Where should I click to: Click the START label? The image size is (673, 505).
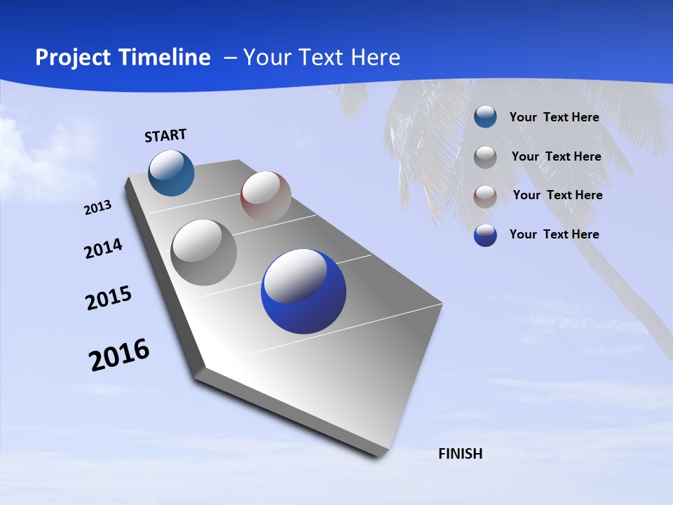(x=165, y=135)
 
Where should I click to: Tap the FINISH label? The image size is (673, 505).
(x=460, y=454)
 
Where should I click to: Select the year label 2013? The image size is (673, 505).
(x=97, y=208)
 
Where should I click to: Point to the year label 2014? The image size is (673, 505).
(x=103, y=249)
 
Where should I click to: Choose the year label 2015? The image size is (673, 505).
(x=109, y=298)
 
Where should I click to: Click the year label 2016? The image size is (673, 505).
(x=119, y=355)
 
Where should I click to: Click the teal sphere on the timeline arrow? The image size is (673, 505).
(x=172, y=173)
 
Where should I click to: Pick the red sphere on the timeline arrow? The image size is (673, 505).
(x=266, y=196)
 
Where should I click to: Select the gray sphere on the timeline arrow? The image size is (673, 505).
(x=204, y=252)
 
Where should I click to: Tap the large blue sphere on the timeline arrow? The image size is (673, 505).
(x=304, y=291)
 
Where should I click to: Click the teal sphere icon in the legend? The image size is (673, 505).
(x=485, y=117)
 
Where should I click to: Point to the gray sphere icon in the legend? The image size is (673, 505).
(x=485, y=156)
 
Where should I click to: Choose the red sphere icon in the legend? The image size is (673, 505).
(x=485, y=196)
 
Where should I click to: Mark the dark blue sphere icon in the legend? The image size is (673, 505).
(x=485, y=235)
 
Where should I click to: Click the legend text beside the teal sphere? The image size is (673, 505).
(x=554, y=117)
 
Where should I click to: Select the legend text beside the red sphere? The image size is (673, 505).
(x=557, y=195)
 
